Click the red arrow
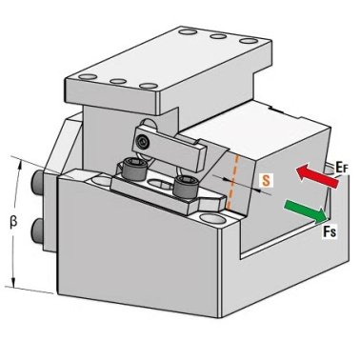point(317,176)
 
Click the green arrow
point(307,211)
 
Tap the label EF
point(341,168)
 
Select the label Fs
point(330,231)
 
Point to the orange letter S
point(266,180)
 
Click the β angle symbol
point(13,223)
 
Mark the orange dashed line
point(232,182)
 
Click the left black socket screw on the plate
point(134,169)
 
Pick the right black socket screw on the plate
point(186,186)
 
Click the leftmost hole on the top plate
point(88,77)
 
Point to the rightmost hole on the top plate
point(249,41)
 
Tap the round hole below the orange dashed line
point(211,218)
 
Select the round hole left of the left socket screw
point(102,180)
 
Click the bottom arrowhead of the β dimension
point(13,282)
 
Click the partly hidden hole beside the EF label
point(329,170)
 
